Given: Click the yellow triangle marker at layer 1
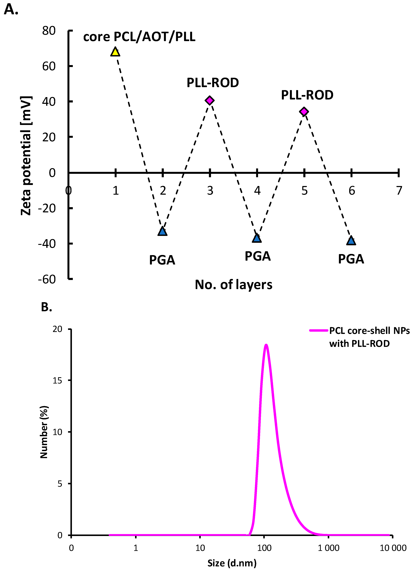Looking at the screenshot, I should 115,52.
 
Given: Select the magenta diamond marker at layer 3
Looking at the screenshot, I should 210,100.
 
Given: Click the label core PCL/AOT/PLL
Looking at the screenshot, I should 139,37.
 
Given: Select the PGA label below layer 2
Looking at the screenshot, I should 162,260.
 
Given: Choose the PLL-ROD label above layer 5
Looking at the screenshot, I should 307,95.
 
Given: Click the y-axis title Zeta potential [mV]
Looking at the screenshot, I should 26,156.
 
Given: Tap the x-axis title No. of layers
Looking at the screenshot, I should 233,285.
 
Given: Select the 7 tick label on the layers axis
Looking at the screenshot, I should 399,191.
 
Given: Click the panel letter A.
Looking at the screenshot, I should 11,10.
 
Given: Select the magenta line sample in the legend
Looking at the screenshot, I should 319,331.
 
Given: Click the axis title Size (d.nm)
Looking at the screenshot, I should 232,563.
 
